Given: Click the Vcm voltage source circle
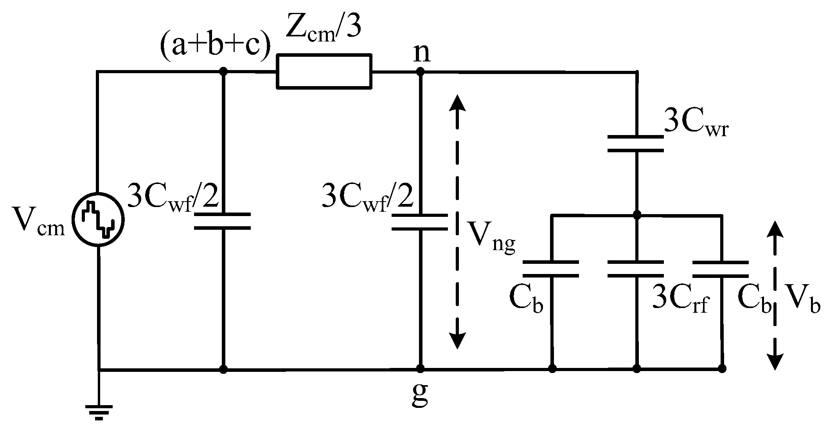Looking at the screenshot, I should coord(98,220).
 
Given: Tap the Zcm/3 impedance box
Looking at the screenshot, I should coord(324,71).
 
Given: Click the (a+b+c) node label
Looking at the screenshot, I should coord(215,49).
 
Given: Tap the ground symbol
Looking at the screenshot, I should coord(99,411).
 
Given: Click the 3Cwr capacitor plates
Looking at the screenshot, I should coord(636,143).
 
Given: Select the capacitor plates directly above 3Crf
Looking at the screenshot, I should coord(636,269).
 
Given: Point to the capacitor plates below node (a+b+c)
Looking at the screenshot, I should coord(223,221).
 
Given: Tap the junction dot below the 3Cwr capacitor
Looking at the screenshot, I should coord(636,215).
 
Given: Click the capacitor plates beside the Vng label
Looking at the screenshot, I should coord(419,222).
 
